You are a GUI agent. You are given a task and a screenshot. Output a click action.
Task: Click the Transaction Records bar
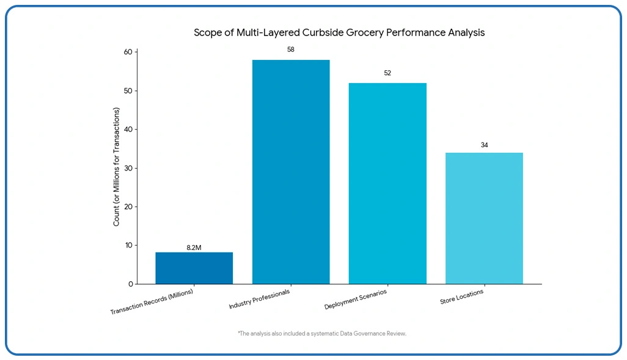click(x=194, y=268)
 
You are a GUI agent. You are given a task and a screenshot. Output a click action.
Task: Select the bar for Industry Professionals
click(x=290, y=172)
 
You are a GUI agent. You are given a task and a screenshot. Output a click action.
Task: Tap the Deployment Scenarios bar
click(x=387, y=183)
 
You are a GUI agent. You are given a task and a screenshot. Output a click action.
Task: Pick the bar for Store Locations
click(x=484, y=218)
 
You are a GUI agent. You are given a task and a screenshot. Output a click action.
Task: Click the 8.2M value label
click(x=194, y=248)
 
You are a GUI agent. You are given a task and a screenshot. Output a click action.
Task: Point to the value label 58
click(x=291, y=50)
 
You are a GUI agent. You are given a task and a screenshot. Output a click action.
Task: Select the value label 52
click(x=387, y=73)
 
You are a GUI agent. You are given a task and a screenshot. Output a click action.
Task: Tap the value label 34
click(x=484, y=145)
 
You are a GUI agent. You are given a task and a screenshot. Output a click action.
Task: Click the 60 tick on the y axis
click(x=128, y=52)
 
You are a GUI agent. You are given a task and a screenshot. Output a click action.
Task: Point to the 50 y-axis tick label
click(x=128, y=91)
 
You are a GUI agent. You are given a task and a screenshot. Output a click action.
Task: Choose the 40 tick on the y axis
click(x=128, y=130)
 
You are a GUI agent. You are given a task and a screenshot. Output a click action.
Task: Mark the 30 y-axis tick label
click(x=128, y=168)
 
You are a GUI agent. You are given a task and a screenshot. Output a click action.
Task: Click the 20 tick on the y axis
click(x=128, y=207)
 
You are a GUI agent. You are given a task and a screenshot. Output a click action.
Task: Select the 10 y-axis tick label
click(x=128, y=245)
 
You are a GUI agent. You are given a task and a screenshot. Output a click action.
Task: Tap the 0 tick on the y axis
click(x=130, y=284)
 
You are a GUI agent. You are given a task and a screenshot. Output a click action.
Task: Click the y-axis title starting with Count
click(x=116, y=167)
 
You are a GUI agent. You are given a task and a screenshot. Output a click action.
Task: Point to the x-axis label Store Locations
click(x=462, y=297)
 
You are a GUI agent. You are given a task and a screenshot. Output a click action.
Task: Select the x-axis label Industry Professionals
click(x=259, y=298)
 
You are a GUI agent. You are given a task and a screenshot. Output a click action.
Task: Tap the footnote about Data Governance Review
click(x=322, y=334)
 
